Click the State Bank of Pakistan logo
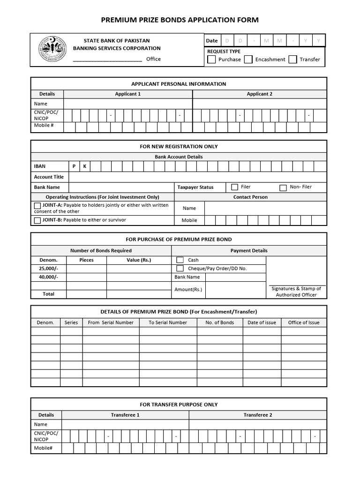[52, 50]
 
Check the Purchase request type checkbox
[211, 60]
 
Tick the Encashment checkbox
[248, 60]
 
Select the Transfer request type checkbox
[292, 60]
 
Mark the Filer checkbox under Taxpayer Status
[234, 187]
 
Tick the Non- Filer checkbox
[283, 187]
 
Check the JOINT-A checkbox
[37, 206]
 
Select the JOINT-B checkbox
[37, 220]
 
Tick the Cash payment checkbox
[180, 260]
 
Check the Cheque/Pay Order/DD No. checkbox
[180, 269]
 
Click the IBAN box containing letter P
[74, 166]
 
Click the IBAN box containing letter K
[85, 166]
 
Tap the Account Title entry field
[197, 177]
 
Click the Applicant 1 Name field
[127, 104]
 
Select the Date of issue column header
[262, 322]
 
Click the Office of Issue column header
[303, 322]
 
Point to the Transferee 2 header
[257, 415]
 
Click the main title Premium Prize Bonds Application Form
[180, 20]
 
